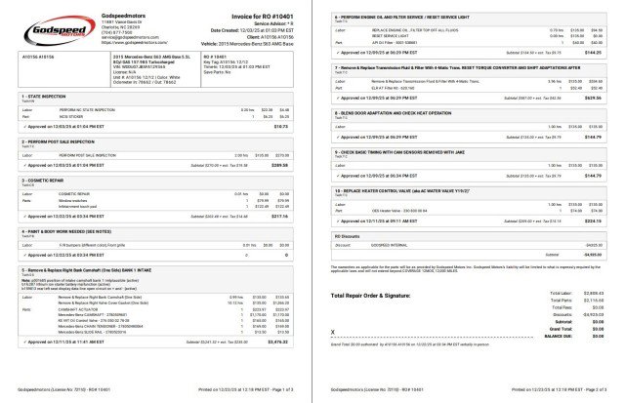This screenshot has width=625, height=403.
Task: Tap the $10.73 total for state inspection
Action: [289, 127]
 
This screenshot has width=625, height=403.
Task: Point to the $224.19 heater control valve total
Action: [594, 221]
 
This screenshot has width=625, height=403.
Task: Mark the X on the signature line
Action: [336, 331]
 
